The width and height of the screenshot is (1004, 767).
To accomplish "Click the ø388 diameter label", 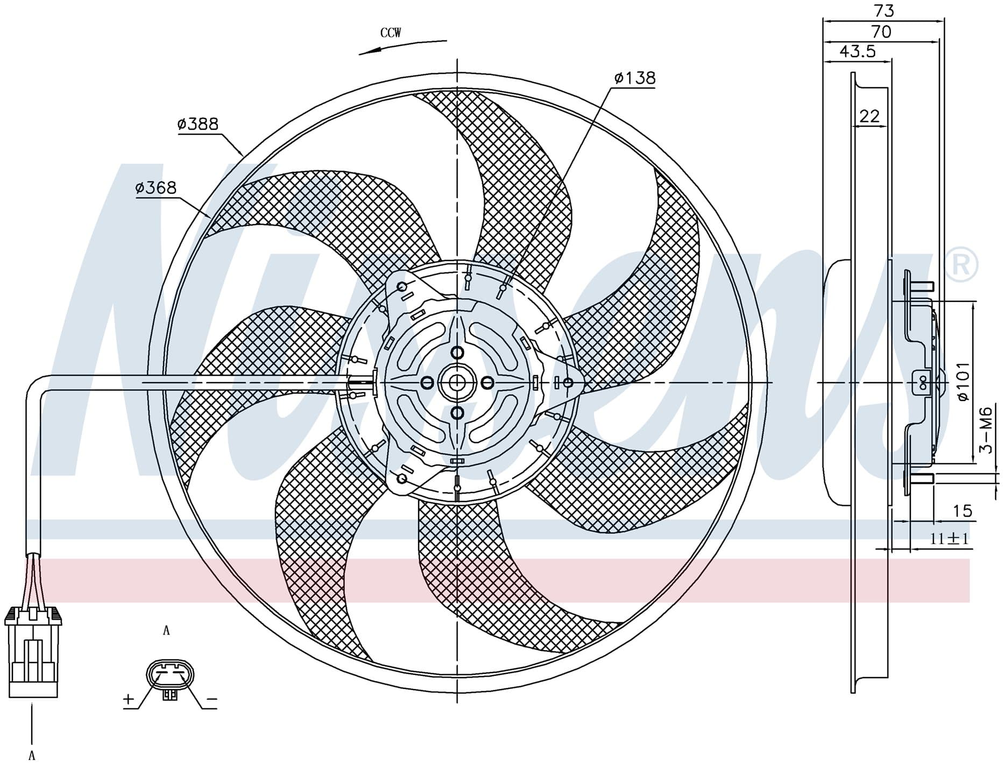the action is pos(198,124).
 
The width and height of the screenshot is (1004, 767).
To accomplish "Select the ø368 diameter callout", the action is pos(156,188).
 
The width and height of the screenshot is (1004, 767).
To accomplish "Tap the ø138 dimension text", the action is pos(635,79).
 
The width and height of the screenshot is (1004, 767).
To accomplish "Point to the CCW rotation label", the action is pos(391,33).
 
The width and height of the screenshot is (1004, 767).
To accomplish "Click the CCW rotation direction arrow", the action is pos(402,46).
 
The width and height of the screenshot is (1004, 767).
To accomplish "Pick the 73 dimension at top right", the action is pos(885,10).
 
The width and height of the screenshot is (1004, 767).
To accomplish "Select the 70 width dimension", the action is pos(881,32).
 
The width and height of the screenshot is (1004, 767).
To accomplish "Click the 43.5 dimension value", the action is pos(858,51).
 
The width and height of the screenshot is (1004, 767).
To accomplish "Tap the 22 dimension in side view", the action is pos(869,116).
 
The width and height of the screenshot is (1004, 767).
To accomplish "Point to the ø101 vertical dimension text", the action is pos(963,381).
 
